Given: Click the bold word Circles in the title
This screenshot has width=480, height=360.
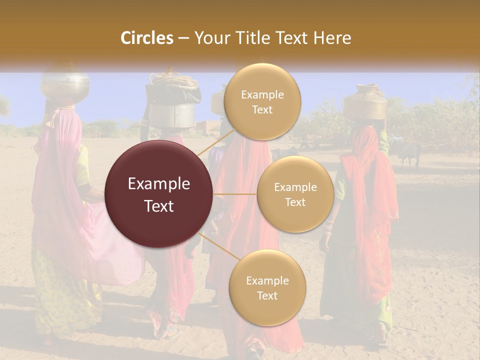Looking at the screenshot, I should (x=147, y=38).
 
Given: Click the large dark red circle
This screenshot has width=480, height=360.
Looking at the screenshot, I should (x=159, y=194).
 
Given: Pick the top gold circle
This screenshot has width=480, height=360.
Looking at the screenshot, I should (x=262, y=101).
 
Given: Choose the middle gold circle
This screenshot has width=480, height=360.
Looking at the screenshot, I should (x=295, y=194).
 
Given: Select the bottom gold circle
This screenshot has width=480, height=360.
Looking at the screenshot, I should (x=267, y=287).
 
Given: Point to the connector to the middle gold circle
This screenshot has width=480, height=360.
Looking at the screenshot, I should (x=235, y=194).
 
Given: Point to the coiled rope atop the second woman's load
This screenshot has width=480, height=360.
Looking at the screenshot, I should (x=168, y=79).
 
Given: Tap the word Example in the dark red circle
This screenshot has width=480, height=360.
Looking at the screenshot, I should (x=159, y=184).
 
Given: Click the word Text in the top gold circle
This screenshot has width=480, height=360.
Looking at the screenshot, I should (x=262, y=109).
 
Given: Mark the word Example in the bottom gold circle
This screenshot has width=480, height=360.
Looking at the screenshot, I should (x=267, y=280).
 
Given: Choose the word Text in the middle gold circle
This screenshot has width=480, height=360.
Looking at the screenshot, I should (x=295, y=202).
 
